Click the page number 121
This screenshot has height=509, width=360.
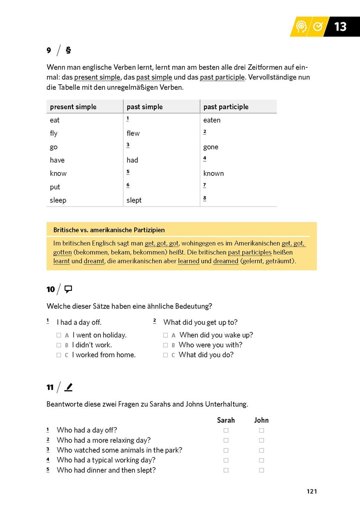point(312,492)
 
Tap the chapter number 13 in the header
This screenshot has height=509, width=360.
point(341,26)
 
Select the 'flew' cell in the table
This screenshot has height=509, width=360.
point(133,133)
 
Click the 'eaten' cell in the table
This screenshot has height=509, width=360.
point(212,120)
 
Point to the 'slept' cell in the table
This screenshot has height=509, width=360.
point(134,200)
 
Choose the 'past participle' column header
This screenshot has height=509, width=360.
point(226,107)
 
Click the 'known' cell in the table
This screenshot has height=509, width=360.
point(213,174)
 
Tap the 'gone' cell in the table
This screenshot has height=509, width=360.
point(211,147)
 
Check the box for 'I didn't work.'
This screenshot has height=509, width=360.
point(59,345)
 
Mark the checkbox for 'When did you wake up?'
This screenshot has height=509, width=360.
point(165,335)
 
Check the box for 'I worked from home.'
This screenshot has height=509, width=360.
point(59,355)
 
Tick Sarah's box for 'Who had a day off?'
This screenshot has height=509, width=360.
point(226,430)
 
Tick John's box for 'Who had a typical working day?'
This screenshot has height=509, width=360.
point(261,460)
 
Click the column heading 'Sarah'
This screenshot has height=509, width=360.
point(226,420)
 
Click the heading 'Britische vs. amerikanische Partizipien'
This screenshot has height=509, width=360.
point(109,230)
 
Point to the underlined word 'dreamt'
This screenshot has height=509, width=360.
point(94,261)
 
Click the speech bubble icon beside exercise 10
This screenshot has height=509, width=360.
point(69,289)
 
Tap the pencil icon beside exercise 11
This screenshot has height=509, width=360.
point(69,387)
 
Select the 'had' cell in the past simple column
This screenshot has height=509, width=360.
point(132,160)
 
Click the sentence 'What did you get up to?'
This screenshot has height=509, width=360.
point(200,322)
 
